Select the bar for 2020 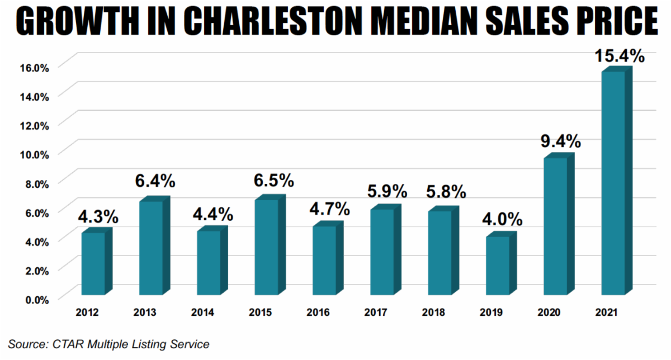(x=555, y=226)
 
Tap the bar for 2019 (x=498, y=266)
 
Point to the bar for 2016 (x=324, y=260)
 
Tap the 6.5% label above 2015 (x=274, y=181)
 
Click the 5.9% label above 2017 (x=387, y=192)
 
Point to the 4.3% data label (x=98, y=215)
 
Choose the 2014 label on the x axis (x=202, y=312)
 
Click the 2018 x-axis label (x=433, y=312)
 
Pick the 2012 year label (x=87, y=312)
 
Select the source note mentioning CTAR (x=108, y=344)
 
